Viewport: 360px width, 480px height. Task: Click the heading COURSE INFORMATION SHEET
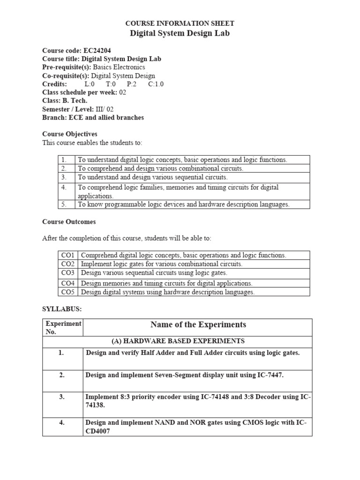180,23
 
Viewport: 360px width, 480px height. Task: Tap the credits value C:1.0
156,84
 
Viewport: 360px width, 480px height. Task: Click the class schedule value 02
122,92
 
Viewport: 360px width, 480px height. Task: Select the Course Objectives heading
70,134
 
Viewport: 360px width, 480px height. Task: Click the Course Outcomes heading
69,222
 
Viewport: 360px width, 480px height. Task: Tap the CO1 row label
68,255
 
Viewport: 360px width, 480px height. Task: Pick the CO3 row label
68,273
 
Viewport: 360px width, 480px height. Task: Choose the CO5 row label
68,292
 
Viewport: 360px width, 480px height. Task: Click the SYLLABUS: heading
62,309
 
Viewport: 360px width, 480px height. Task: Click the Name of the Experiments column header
198,325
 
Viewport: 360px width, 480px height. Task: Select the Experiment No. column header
63,328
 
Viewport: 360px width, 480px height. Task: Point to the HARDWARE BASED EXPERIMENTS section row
177,341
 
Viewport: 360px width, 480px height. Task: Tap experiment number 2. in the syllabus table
61,375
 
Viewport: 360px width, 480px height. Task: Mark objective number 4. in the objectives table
64,187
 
